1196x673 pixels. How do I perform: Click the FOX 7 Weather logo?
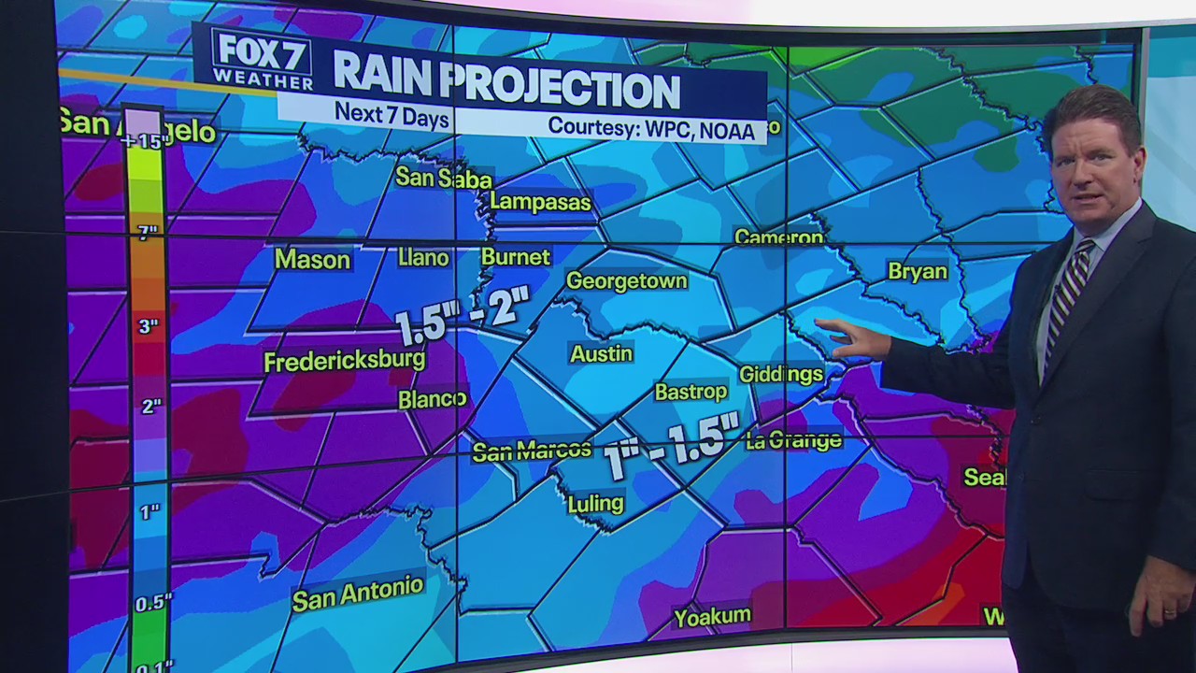pyautogui.click(x=262, y=58)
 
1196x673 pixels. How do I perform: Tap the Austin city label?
pyautogui.click(x=602, y=353)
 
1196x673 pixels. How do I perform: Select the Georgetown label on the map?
pyautogui.click(x=626, y=280)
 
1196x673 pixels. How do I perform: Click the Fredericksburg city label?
pyautogui.click(x=344, y=361)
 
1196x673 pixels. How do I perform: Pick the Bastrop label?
pyautogui.click(x=691, y=392)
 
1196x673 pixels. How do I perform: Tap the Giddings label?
pyautogui.click(x=781, y=374)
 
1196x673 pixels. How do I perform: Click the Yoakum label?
pyautogui.click(x=712, y=616)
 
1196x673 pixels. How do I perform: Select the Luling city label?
pyautogui.click(x=595, y=504)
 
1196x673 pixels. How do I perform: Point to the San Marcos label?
pyautogui.click(x=532, y=451)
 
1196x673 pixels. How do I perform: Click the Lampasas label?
pyautogui.click(x=540, y=202)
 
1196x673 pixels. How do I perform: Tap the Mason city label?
pyautogui.click(x=312, y=260)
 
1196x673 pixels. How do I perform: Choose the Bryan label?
pyautogui.click(x=918, y=271)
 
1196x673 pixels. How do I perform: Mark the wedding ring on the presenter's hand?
pyautogui.click(x=1169, y=611)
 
